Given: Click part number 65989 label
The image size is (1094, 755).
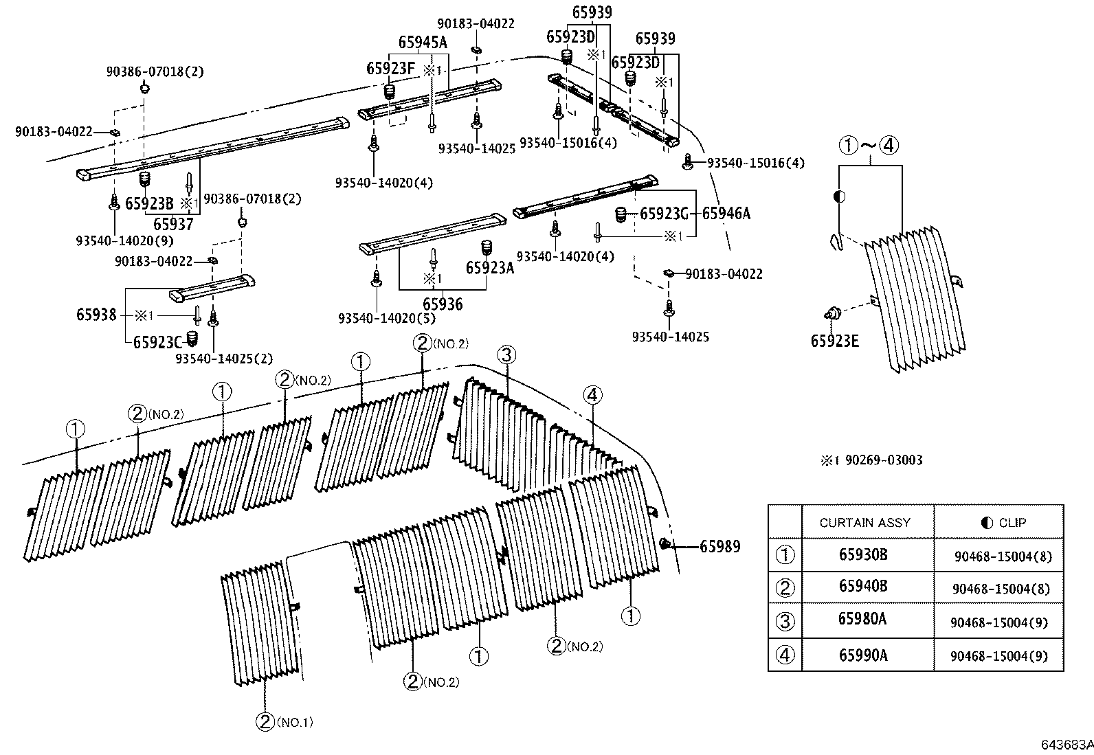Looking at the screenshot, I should click(719, 547).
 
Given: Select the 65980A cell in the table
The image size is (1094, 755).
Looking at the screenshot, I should click(862, 619).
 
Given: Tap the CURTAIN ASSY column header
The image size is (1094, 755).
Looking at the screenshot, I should click(864, 523).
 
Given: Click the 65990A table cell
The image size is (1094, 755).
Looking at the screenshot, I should click(862, 655).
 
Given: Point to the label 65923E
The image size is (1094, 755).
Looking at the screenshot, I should click(834, 341).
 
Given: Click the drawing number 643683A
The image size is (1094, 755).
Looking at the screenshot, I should click(1065, 745).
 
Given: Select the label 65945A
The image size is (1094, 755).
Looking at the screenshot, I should click(422, 43).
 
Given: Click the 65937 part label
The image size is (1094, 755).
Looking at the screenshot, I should click(172, 224).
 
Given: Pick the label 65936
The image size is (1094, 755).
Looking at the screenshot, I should click(442, 304).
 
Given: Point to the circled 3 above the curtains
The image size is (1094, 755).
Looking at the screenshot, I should click(506, 355).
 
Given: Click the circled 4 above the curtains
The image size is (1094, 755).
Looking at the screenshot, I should click(592, 395).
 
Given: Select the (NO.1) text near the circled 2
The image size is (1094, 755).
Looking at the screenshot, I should click(295, 722).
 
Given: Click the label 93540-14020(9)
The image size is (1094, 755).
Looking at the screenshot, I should click(124, 240).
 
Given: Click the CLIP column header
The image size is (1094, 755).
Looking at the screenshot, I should click(1003, 523).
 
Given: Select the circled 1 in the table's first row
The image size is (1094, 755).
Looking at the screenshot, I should click(784, 555).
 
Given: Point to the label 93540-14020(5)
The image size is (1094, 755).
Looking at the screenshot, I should click(387, 318).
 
